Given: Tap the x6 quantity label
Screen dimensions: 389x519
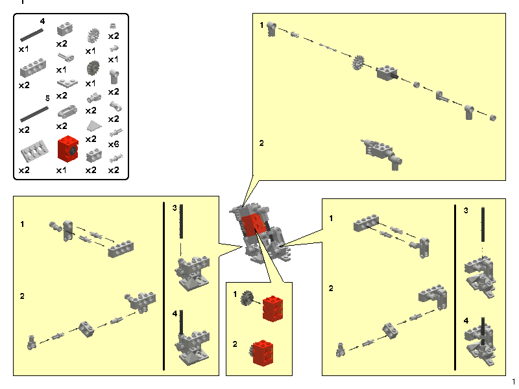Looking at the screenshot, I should (114, 143).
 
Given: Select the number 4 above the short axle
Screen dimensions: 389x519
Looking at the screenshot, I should (42, 21).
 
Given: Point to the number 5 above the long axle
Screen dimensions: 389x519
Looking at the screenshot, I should (47, 98).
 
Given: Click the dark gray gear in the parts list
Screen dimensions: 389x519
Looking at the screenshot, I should (91, 67).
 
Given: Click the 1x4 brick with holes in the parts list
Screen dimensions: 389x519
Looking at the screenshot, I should (32, 69).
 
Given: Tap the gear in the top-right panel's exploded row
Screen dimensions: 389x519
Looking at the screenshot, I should (357, 64).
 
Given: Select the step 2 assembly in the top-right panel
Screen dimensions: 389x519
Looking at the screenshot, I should (381, 152).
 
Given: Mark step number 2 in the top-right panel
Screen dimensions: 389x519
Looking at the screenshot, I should (262, 143).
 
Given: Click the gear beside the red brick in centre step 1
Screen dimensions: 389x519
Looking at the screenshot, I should (247, 299).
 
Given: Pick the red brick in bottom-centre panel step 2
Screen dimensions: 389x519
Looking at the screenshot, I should (264, 353).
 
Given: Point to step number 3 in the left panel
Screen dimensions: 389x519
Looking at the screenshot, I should (175, 208).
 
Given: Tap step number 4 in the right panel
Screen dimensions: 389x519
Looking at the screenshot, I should (466, 320).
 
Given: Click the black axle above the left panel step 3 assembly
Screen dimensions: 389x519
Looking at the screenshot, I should (182, 227).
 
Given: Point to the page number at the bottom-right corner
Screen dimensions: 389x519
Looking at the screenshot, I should (513, 381).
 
